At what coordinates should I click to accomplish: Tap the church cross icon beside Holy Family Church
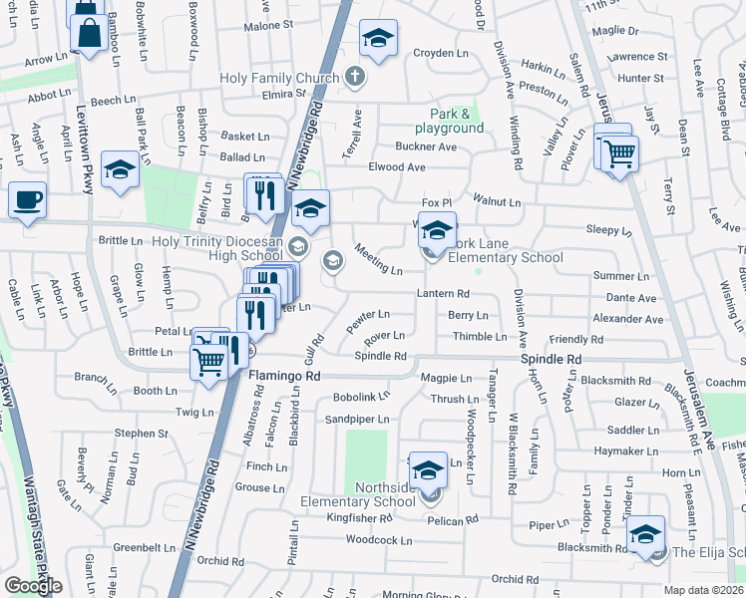(x=354, y=76)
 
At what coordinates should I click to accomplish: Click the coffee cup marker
(x=27, y=199)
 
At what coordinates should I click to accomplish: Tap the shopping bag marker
(x=90, y=33)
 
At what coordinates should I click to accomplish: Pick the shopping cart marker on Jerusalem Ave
(x=619, y=153)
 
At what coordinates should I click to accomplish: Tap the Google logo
(x=33, y=585)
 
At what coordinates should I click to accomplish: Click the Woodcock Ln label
(x=378, y=540)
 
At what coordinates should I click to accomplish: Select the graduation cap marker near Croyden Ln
(x=377, y=39)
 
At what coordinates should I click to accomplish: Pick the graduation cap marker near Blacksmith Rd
(x=645, y=535)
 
